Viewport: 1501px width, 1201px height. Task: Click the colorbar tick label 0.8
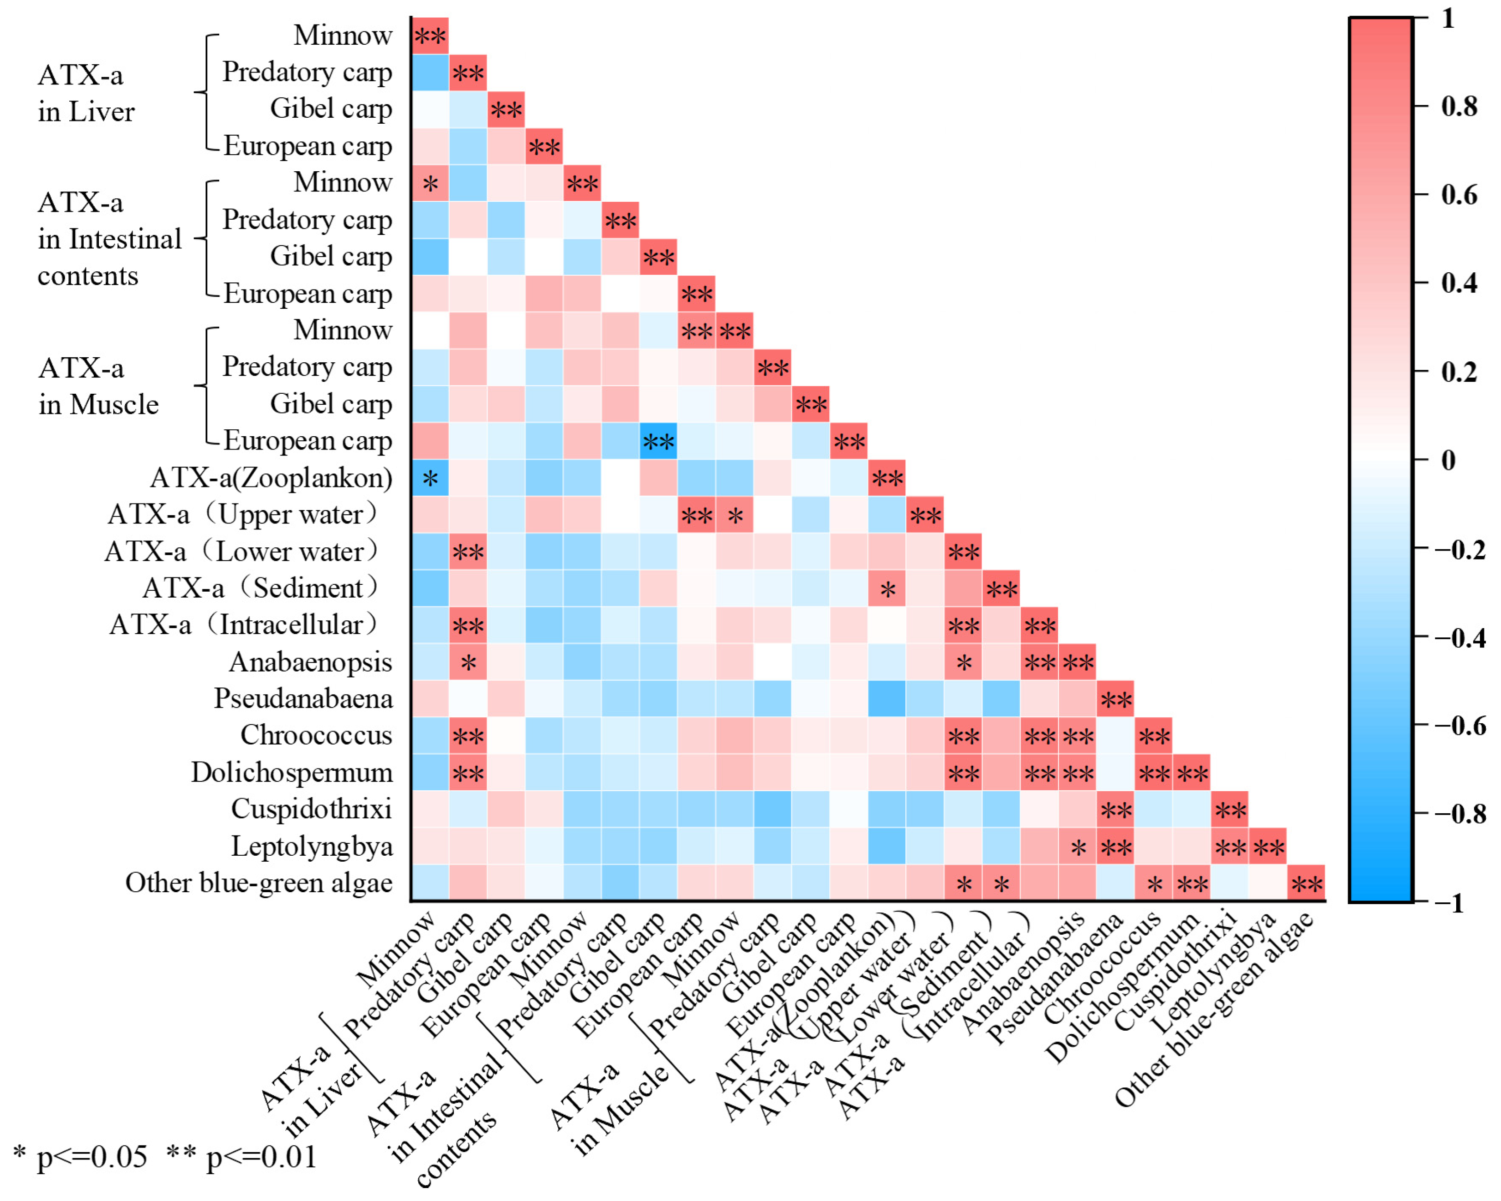[1459, 107]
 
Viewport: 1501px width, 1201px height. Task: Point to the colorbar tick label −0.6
[1460, 726]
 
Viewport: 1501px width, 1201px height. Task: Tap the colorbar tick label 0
[1448, 460]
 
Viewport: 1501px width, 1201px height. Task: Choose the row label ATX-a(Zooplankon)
[271, 478]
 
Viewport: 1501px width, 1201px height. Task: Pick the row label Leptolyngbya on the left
[312, 847]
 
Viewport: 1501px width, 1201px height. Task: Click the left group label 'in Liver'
[86, 111]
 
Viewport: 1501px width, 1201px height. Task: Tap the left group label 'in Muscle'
[99, 404]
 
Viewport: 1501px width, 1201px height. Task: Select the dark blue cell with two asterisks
[658, 441]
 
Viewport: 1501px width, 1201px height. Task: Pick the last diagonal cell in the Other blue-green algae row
[1306, 884]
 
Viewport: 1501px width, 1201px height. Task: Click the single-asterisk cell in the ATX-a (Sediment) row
[887, 588]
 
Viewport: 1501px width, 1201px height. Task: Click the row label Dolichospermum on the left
[292, 772]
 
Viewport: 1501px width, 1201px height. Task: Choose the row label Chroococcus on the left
[317, 735]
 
